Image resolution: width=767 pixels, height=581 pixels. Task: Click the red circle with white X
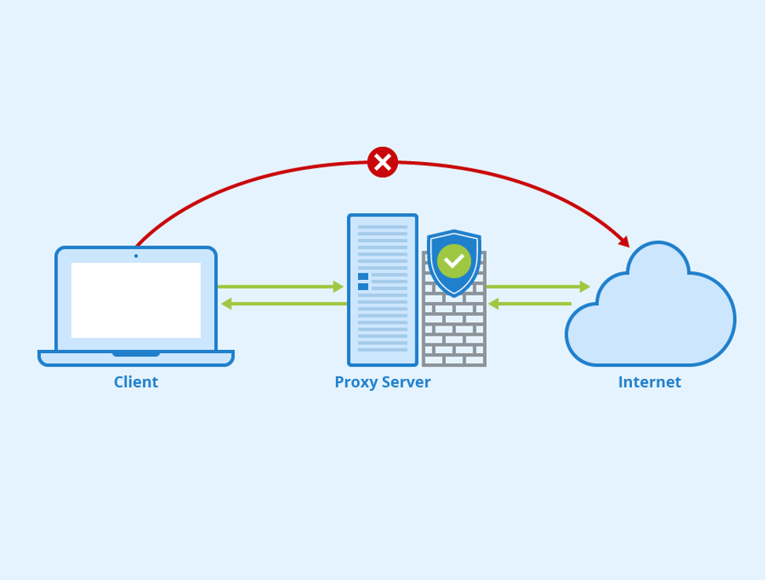382,162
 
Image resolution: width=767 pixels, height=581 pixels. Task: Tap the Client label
136,382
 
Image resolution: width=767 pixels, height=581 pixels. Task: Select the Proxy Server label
382,382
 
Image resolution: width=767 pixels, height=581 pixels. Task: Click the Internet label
649,382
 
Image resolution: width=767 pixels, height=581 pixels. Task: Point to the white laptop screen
136,300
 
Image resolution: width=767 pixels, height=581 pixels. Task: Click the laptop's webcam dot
136,256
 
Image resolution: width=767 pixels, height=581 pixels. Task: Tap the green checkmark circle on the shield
454,260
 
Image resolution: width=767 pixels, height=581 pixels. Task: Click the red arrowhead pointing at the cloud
624,241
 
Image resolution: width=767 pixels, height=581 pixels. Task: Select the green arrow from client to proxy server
281,287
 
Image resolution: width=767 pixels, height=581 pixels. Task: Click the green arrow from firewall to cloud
539,287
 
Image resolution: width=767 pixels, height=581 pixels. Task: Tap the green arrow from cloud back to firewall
530,303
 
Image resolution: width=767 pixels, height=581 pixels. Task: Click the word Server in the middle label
406,382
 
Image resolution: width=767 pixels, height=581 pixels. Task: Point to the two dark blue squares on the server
363,281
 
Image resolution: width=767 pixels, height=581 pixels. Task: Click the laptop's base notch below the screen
136,354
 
